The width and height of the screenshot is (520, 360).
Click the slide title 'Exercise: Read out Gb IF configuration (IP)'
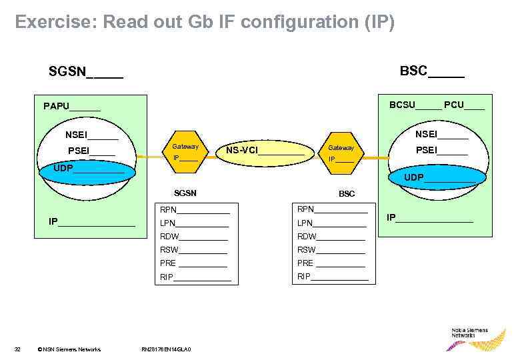(x=205, y=23)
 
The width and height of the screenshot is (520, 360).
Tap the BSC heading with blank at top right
(x=431, y=71)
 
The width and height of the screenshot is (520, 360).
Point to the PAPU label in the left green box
(x=72, y=106)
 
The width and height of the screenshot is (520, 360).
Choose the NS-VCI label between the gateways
(x=265, y=151)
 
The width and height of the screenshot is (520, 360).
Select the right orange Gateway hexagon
(x=341, y=153)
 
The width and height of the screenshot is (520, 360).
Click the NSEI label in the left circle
(x=91, y=135)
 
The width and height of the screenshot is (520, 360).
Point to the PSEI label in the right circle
(x=441, y=151)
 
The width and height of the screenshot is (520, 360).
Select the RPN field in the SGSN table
(x=195, y=209)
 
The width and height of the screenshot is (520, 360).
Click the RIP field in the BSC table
(x=332, y=276)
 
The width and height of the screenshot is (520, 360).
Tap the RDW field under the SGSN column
(x=194, y=236)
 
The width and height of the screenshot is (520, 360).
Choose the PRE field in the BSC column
(x=331, y=263)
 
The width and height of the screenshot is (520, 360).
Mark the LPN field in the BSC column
(x=331, y=223)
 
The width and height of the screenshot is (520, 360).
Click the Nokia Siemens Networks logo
(x=476, y=337)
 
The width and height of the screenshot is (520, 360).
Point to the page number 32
(x=18, y=349)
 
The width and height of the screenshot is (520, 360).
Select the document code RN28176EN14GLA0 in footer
(x=167, y=349)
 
